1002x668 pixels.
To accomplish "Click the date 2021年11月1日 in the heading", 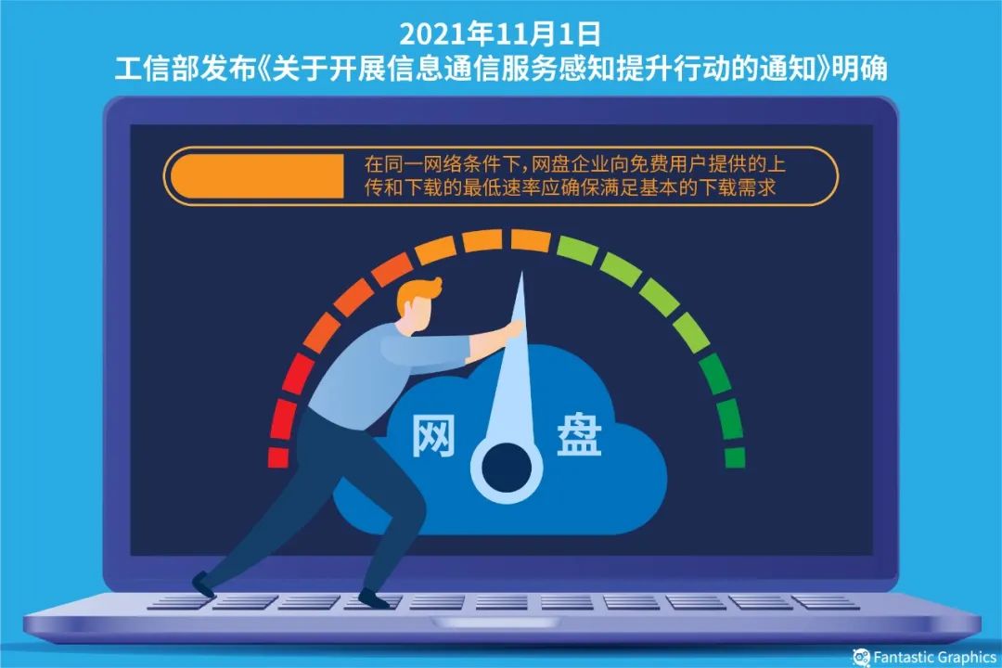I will tap(500, 35).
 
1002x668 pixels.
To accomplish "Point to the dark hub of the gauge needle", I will tap(506, 460).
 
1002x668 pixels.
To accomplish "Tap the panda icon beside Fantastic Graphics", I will tap(861, 657).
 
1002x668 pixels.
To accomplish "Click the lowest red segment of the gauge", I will tap(277, 457).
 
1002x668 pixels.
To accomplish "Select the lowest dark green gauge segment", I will tap(734, 457).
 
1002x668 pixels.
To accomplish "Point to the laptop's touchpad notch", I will tap(500, 621).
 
